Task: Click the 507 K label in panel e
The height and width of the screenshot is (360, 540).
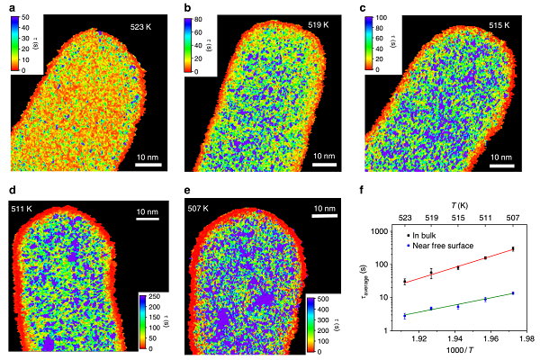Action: pos(210,209)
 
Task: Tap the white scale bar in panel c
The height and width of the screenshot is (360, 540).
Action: pos(501,166)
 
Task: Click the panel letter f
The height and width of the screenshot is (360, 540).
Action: pos(362,191)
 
